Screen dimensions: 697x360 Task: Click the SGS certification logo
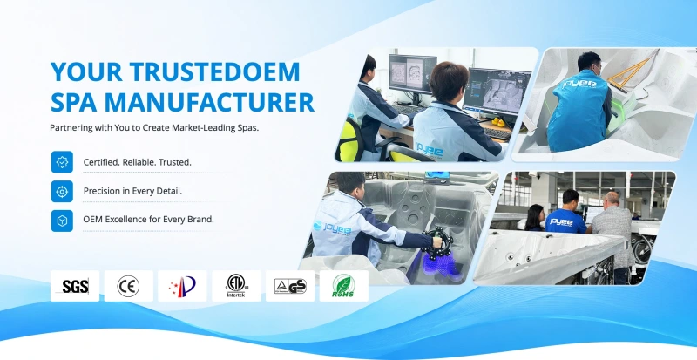75,286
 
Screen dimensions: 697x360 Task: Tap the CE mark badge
128,286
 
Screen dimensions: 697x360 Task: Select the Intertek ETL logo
236,286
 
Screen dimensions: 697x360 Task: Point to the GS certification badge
290,286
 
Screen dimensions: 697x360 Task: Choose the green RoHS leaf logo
343,286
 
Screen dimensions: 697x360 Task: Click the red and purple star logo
182,286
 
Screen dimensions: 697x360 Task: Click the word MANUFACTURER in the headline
209,102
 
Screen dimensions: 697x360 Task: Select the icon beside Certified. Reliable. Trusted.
62,162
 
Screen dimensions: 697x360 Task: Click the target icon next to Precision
62,192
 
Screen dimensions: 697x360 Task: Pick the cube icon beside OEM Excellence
62,221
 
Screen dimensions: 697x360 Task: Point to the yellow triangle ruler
631,72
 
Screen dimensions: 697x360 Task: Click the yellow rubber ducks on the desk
497,121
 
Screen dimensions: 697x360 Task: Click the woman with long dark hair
535,218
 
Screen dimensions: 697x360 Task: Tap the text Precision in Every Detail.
133,192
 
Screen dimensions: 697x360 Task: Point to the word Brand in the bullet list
200,220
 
